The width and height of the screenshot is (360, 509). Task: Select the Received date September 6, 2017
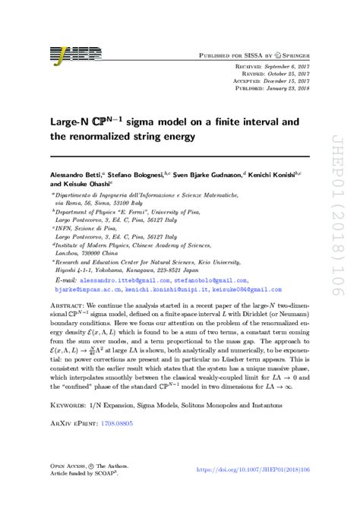[289, 68]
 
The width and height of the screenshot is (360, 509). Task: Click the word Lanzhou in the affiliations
[68, 253]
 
